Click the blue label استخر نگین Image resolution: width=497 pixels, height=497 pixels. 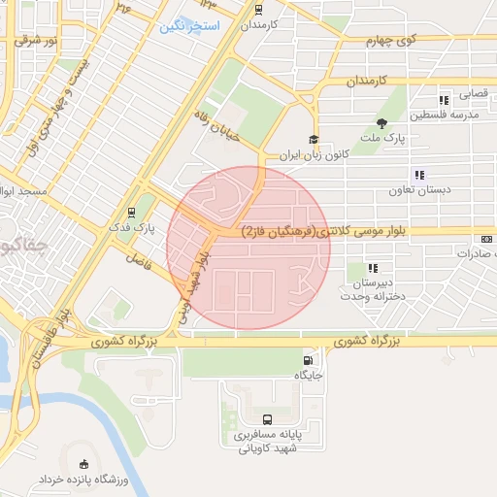click(190, 24)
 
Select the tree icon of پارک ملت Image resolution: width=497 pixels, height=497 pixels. click(381, 123)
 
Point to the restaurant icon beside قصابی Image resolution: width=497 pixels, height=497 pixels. click(444, 99)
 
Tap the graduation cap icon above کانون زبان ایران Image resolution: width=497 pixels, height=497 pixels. click(313, 139)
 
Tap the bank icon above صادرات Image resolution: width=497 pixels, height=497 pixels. click(486, 239)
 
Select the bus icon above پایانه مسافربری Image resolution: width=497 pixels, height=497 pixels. click(267, 420)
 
